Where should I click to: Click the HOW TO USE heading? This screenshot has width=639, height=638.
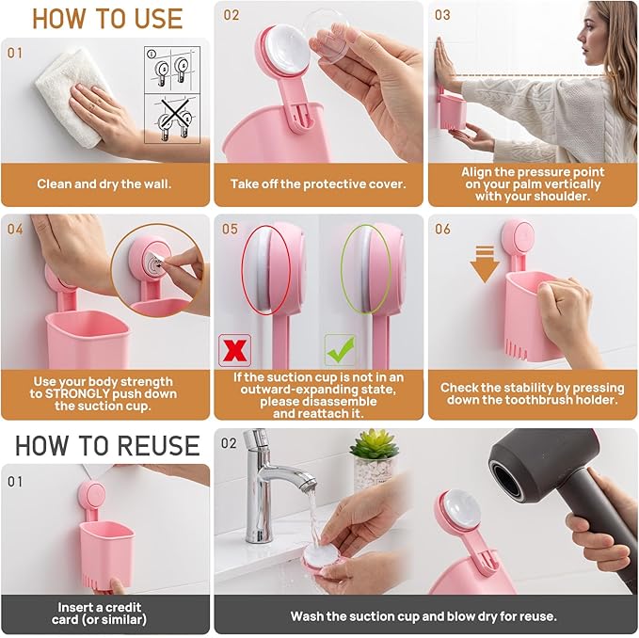point(105,18)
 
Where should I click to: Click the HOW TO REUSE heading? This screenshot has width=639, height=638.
point(106,444)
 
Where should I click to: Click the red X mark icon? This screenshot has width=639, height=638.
point(232,349)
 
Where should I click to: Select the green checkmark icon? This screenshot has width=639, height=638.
point(340,349)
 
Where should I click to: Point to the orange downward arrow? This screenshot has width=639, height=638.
point(485,266)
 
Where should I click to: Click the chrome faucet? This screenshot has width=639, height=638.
point(268,480)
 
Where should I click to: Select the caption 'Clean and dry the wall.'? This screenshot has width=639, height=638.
point(105,184)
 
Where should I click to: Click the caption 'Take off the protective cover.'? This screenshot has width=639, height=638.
point(318,184)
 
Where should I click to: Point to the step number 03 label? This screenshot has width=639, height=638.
point(442,15)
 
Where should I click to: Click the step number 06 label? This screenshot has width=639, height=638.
point(442,229)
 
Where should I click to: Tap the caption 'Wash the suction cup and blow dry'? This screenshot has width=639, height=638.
point(423,616)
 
